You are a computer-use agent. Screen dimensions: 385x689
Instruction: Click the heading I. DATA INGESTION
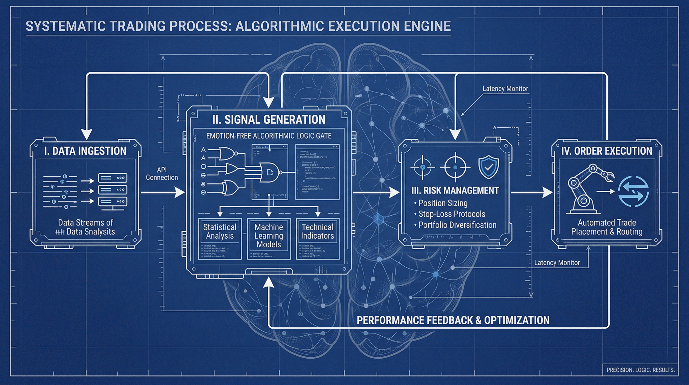(x=85, y=151)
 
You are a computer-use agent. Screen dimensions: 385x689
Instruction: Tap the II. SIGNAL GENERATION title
(x=269, y=119)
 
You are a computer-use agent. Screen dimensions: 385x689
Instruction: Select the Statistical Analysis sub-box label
(x=220, y=231)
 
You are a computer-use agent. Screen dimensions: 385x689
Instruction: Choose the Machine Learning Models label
(x=269, y=236)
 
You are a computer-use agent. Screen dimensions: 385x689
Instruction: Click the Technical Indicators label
(x=317, y=231)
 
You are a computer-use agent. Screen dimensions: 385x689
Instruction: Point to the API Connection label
(x=161, y=173)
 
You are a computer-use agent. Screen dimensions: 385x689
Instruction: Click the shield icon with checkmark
(x=488, y=167)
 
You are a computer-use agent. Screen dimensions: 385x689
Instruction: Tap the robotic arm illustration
(x=586, y=189)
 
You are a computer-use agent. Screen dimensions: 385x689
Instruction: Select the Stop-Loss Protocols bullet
(x=451, y=214)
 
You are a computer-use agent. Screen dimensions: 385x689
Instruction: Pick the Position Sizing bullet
(x=443, y=203)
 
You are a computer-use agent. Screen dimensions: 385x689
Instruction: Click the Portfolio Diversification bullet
(x=457, y=225)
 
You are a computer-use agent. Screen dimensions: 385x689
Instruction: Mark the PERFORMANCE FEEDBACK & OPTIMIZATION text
(x=453, y=320)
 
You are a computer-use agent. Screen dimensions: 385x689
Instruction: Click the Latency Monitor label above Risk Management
(x=505, y=89)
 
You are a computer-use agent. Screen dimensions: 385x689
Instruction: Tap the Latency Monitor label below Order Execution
(x=557, y=263)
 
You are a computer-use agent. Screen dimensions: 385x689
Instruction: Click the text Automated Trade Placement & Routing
(x=607, y=227)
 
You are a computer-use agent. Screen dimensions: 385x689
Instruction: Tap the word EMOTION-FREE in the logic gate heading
(x=228, y=136)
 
